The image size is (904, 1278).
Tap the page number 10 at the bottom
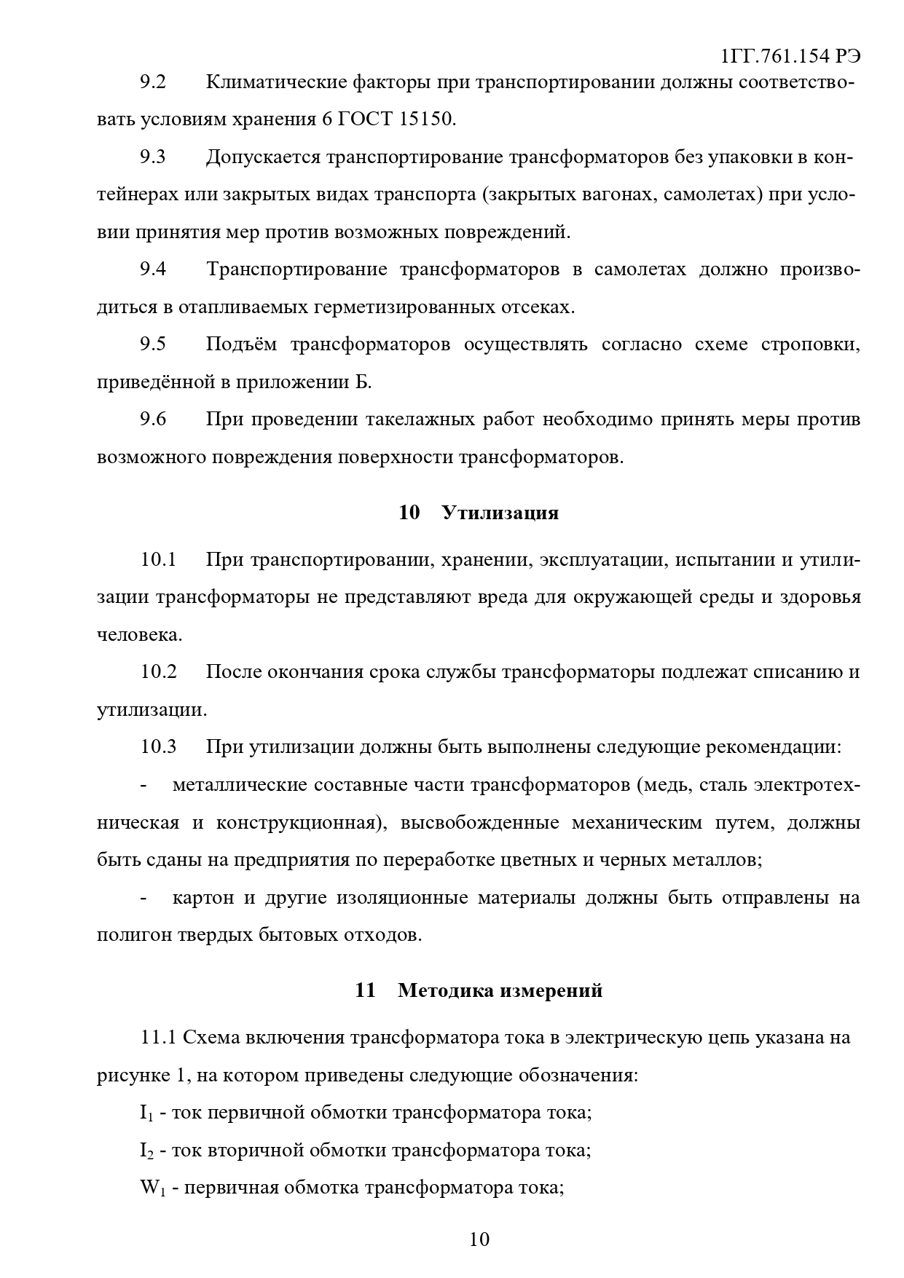click(479, 1239)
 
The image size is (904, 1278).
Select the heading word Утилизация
click(500, 513)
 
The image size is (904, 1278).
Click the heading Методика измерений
click(500, 990)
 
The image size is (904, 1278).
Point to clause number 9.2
click(153, 82)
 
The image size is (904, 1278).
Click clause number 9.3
click(153, 157)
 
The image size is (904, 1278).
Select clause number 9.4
click(153, 269)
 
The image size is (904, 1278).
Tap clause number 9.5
click(153, 344)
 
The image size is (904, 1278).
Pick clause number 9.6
click(153, 419)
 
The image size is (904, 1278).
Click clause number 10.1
click(159, 560)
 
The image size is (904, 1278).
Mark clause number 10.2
click(159, 671)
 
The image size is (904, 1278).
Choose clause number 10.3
click(159, 747)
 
